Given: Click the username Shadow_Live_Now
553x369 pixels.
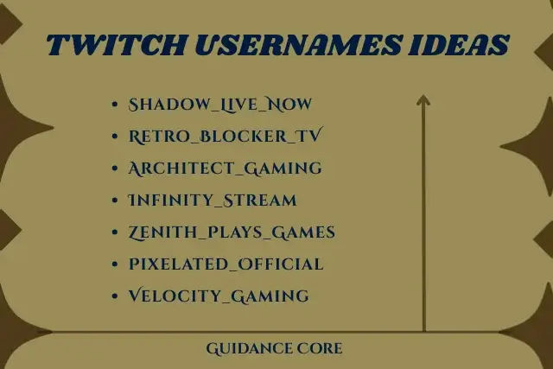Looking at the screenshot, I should click(219, 105).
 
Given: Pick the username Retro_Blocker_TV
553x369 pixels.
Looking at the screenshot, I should click(226, 137).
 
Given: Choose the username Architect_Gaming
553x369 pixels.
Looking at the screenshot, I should click(225, 169).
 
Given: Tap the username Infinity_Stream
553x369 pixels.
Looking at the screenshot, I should click(212, 200).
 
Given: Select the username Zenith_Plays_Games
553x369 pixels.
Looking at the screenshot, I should click(232, 232).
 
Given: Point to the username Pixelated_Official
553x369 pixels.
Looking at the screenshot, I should click(226, 264).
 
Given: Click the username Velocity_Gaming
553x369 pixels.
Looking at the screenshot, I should click(218, 296).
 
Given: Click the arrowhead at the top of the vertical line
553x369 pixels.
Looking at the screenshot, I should click(423, 100).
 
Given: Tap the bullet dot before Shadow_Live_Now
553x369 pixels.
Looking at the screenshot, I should click(115, 105).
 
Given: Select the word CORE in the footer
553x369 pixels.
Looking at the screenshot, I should click(321, 349).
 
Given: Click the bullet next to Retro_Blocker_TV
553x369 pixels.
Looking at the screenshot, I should click(115, 137).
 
